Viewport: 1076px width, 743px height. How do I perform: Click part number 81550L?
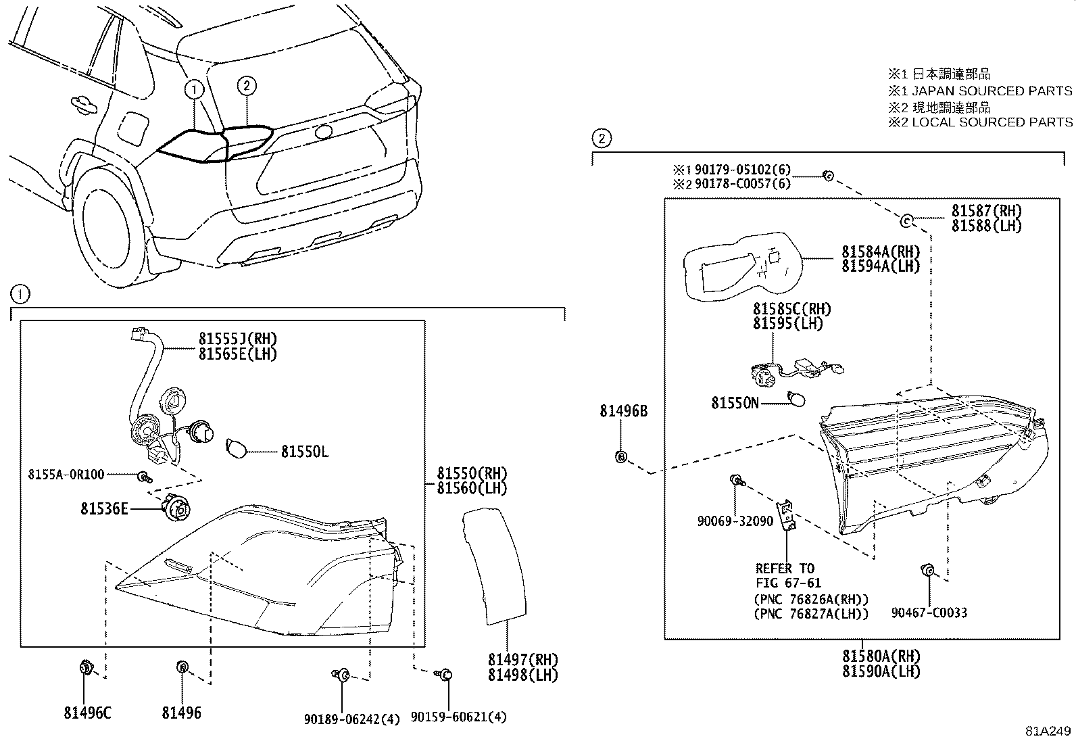point(305,452)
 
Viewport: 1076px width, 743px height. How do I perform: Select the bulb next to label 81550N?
point(797,400)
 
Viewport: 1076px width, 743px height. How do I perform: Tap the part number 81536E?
point(104,508)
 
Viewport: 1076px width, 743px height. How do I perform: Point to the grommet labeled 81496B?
point(621,457)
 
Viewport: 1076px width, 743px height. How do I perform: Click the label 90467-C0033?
point(929,613)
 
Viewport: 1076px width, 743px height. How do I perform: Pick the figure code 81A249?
point(1048,732)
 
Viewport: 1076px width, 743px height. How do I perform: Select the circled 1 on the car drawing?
point(194,89)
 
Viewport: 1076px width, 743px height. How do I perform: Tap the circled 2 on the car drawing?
point(247,85)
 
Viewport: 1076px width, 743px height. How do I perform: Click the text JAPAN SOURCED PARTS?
point(992,91)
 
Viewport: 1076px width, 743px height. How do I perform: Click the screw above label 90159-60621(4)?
point(445,675)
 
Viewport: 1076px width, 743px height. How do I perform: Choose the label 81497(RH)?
point(522,660)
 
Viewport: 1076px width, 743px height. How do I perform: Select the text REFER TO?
point(785,569)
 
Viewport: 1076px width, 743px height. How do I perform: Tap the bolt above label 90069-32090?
point(736,481)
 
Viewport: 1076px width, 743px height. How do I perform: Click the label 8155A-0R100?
point(66,475)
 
